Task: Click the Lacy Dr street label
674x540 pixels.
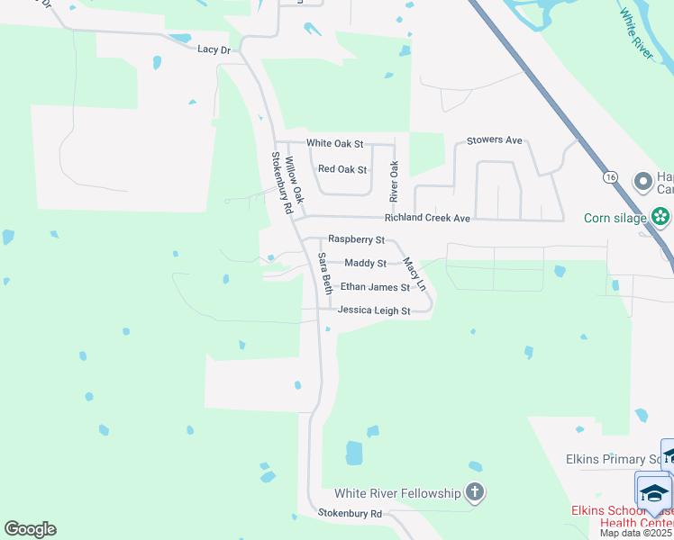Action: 214,49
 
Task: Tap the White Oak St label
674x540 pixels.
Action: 334,143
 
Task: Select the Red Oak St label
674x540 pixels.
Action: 342,169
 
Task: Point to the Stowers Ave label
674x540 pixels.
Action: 495,140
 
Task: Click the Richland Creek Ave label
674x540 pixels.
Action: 427,218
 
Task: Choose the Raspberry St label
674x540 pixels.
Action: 356,239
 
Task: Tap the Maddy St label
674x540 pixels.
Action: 365,263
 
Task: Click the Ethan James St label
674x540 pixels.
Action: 375,287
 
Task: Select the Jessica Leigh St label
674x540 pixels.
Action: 374,310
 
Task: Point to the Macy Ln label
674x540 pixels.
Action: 413,274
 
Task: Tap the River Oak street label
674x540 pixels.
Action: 394,181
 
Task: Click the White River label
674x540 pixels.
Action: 636,33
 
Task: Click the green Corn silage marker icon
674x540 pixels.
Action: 661,217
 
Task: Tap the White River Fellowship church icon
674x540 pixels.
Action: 475,492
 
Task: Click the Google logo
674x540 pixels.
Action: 30,529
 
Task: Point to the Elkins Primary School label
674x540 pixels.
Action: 614,459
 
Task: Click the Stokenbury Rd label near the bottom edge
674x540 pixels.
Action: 350,513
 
